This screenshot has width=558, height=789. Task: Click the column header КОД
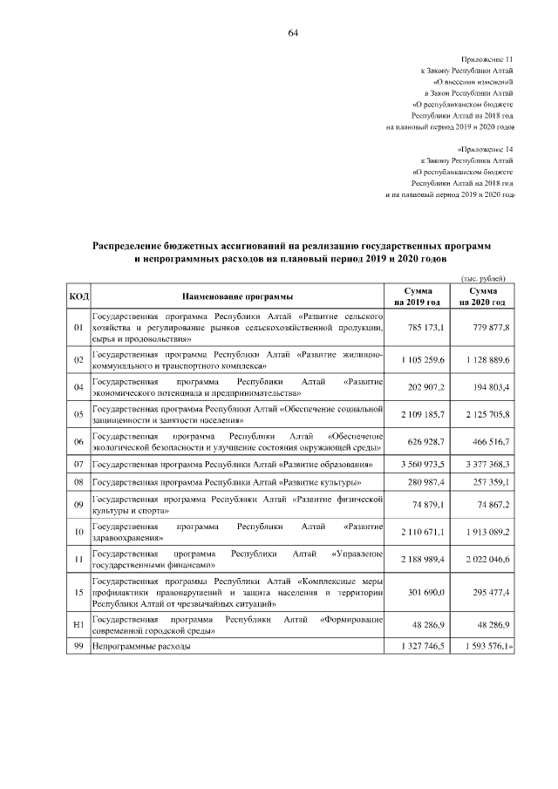[x=78, y=297]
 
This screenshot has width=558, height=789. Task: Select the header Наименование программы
[x=237, y=297]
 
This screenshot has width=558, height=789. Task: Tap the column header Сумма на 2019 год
[x=418, y=296]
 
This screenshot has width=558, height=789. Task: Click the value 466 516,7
[x=489, y=441]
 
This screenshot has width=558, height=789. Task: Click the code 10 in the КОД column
[x=78, y=532]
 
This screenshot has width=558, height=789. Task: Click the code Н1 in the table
[x=78, y=625]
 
